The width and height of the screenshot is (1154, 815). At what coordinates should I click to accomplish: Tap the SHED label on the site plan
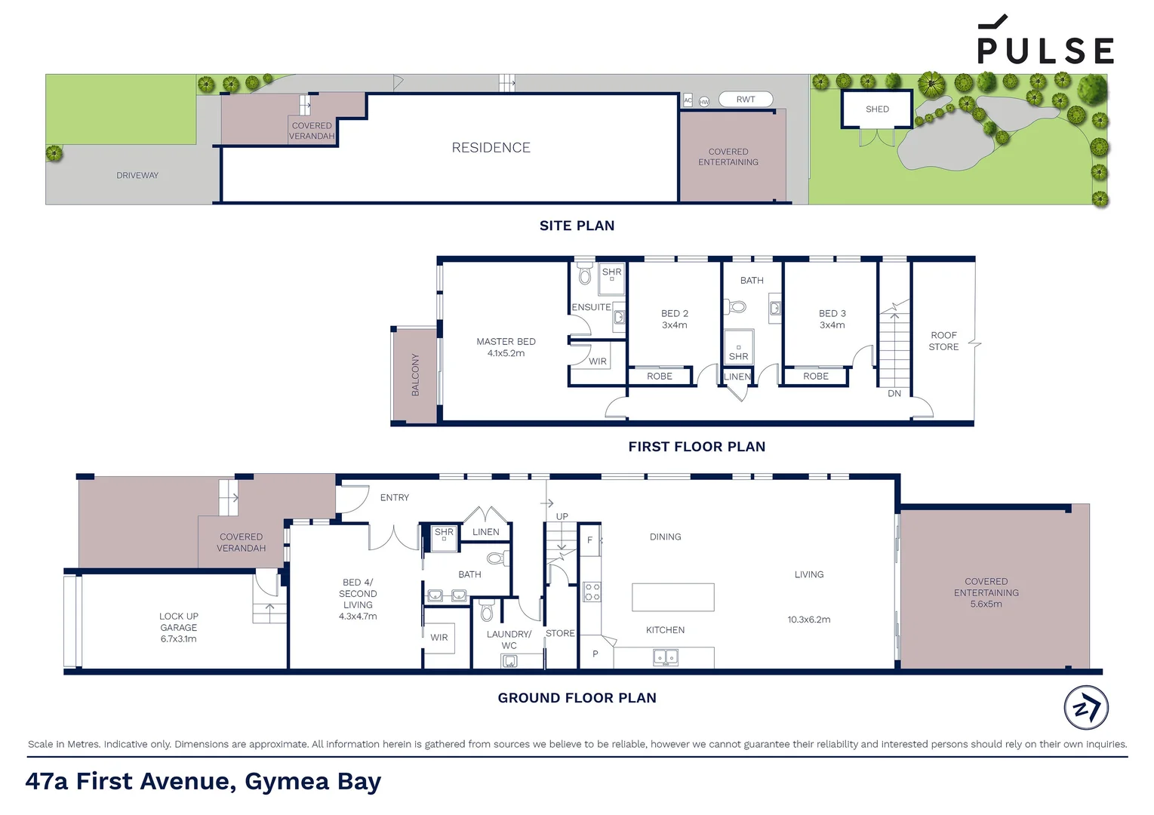click(x=877, y=109)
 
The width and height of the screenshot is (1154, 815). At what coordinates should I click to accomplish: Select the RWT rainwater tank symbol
click(x=745, y=100)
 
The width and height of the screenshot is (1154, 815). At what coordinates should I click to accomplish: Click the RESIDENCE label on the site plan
click(x=491, y=148)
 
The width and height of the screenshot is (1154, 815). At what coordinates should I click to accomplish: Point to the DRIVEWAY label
click(x=137, y=176)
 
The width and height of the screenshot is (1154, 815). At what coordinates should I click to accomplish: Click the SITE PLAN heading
click(x=577, y=226)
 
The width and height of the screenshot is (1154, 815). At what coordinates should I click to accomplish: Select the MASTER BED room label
click(x=506, y=342)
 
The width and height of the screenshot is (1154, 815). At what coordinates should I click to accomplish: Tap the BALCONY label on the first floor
click(x=415, y=375)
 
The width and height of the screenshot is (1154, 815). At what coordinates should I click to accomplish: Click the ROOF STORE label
click(x=943, y=341)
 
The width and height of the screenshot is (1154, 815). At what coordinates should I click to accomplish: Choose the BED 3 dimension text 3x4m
click(x=832, y=325)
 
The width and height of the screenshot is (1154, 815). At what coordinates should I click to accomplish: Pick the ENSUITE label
click(x=591, y=307)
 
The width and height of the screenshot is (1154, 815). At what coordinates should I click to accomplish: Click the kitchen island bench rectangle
click(x=672, y=597)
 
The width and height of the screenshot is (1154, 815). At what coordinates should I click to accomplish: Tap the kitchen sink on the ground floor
click(x=665, y=658)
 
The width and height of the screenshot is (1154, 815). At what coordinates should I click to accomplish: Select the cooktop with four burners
click(x=592, y=592)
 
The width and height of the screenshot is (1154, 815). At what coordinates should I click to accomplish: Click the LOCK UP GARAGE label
click(x=179, y=627)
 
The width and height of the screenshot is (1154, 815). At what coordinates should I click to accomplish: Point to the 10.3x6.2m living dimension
click(x=808, y=620)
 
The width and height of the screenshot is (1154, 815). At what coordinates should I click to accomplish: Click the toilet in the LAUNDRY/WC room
click(x=486, y=609)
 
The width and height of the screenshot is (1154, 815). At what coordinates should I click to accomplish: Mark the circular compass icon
click(x=1086, y=708)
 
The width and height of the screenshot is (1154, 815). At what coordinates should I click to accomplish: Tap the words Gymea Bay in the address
click(x=312, y=782)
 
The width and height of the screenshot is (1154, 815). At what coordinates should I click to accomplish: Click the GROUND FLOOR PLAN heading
click(x=577, y=698)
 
